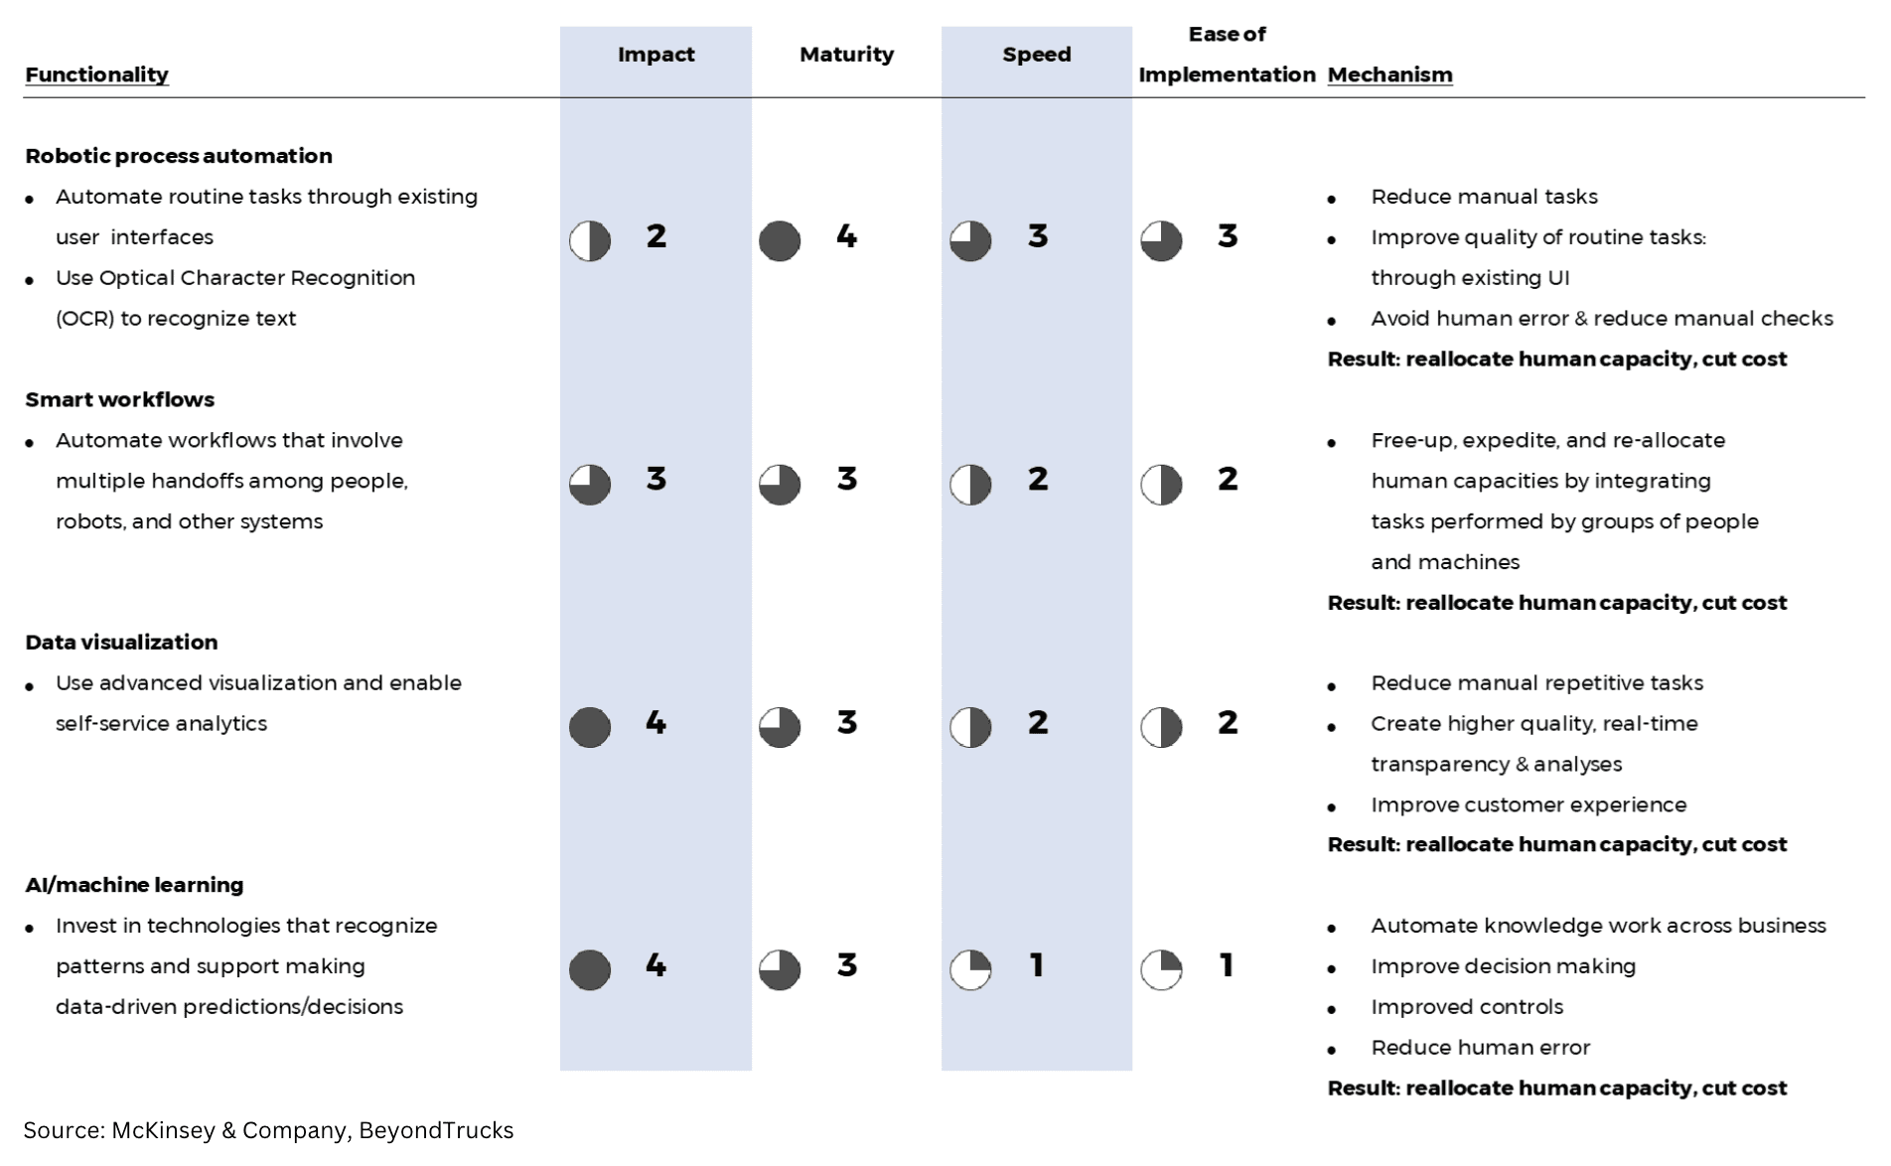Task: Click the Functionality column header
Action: pos(96,74)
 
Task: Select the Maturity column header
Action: pos(846,55)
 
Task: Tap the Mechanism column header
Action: pos(1389,74)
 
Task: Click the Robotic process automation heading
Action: pos(179,156)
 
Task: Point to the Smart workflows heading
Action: pos(119,399)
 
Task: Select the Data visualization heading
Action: pos(121,643)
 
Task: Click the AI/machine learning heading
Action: pos(134,885)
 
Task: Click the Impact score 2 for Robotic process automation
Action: pos(655,236)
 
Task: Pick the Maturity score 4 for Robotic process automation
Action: pos(846,236)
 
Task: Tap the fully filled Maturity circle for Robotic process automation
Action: pos(780,241)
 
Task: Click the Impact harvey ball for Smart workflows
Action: pos(590,485)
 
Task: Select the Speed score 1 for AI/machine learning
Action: pos(1037,965)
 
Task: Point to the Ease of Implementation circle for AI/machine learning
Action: pos(1161,970)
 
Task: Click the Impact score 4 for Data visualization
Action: pos(655,723)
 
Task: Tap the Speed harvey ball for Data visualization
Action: pos(970,728)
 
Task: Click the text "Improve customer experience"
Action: pos(1528,804)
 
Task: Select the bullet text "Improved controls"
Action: pos(1467,1007)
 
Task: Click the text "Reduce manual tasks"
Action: pos(1484,197)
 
